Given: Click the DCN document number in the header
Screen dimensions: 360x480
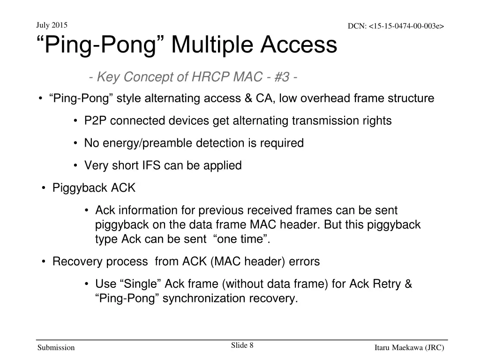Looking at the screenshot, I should point(396,26).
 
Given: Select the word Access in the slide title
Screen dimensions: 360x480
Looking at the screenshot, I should point(299,45).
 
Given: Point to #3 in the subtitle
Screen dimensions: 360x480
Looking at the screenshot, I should point(279,77).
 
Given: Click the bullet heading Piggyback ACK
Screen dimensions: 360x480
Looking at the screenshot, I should point(94,188).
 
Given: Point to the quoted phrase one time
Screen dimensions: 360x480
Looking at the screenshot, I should point(241,239).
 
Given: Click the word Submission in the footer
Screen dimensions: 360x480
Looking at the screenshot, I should point(56,348).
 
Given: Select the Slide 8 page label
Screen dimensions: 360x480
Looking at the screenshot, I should point(242,345).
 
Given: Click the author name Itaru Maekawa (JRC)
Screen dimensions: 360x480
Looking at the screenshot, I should point(409,348).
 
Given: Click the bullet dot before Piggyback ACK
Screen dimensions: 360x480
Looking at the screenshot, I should point(43,188).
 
